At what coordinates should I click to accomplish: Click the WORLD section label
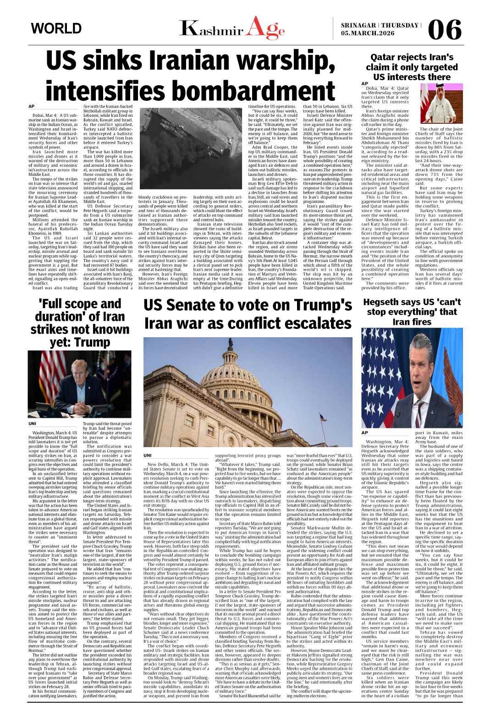pos(56,28)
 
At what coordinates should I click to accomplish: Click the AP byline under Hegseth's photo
pos(365,432)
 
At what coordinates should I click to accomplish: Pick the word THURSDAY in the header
pos(401,25)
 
